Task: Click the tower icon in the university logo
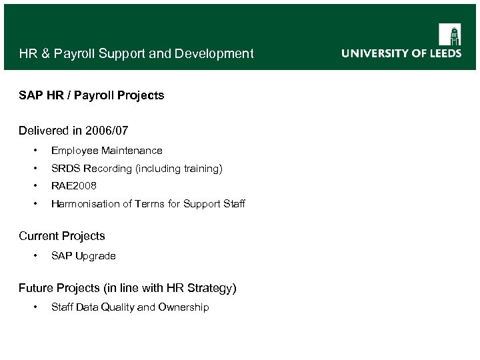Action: (x=449, y=34)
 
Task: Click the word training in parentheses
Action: (x=200, y=169)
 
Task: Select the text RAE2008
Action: (x=74, y=186)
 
